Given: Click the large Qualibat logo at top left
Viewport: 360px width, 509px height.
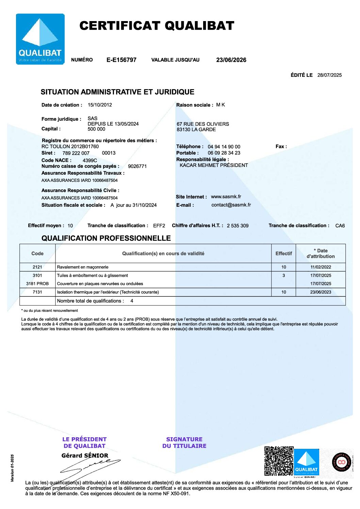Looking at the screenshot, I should [x=40, y=39].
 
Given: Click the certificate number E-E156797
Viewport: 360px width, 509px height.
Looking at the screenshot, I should [x=121, y=60].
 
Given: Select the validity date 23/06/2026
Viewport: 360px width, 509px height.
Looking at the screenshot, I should [x=231, y=60].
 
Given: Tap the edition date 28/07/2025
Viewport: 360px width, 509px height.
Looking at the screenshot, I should [x=329, y=75].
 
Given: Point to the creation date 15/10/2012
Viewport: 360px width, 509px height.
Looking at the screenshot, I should [x=100, y=105].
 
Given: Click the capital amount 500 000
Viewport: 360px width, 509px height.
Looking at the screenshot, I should [x=96, y=129].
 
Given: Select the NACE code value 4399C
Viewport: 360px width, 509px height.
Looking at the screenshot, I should [x=90, y=160].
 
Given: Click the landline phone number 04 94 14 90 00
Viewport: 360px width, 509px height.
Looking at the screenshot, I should [x=224, y=147].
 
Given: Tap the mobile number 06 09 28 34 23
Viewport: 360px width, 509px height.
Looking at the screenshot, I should [x=224, y=153].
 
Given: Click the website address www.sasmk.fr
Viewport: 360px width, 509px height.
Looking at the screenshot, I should [x=226, y=197].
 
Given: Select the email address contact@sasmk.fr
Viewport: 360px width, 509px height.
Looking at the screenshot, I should [x=231, y=205].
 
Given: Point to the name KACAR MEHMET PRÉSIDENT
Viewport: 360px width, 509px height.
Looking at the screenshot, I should [x=214, y=165].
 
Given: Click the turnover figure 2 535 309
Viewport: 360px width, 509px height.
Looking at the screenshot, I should [x=238, y=225].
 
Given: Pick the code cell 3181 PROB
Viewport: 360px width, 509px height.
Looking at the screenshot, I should [x=37, y=284].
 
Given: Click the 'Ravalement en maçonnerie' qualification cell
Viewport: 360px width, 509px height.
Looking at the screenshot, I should [x=83, y=267].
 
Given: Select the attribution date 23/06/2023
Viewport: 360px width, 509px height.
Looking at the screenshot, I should [x=321, y=292].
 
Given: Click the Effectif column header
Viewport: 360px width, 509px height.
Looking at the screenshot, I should [x=283, y=253].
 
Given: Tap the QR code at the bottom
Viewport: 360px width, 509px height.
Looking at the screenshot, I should [x=279, y=461].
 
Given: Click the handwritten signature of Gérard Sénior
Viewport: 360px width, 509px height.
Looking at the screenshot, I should [x=90, y=466].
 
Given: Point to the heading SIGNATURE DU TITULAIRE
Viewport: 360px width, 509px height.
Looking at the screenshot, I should [x=184, y=442].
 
